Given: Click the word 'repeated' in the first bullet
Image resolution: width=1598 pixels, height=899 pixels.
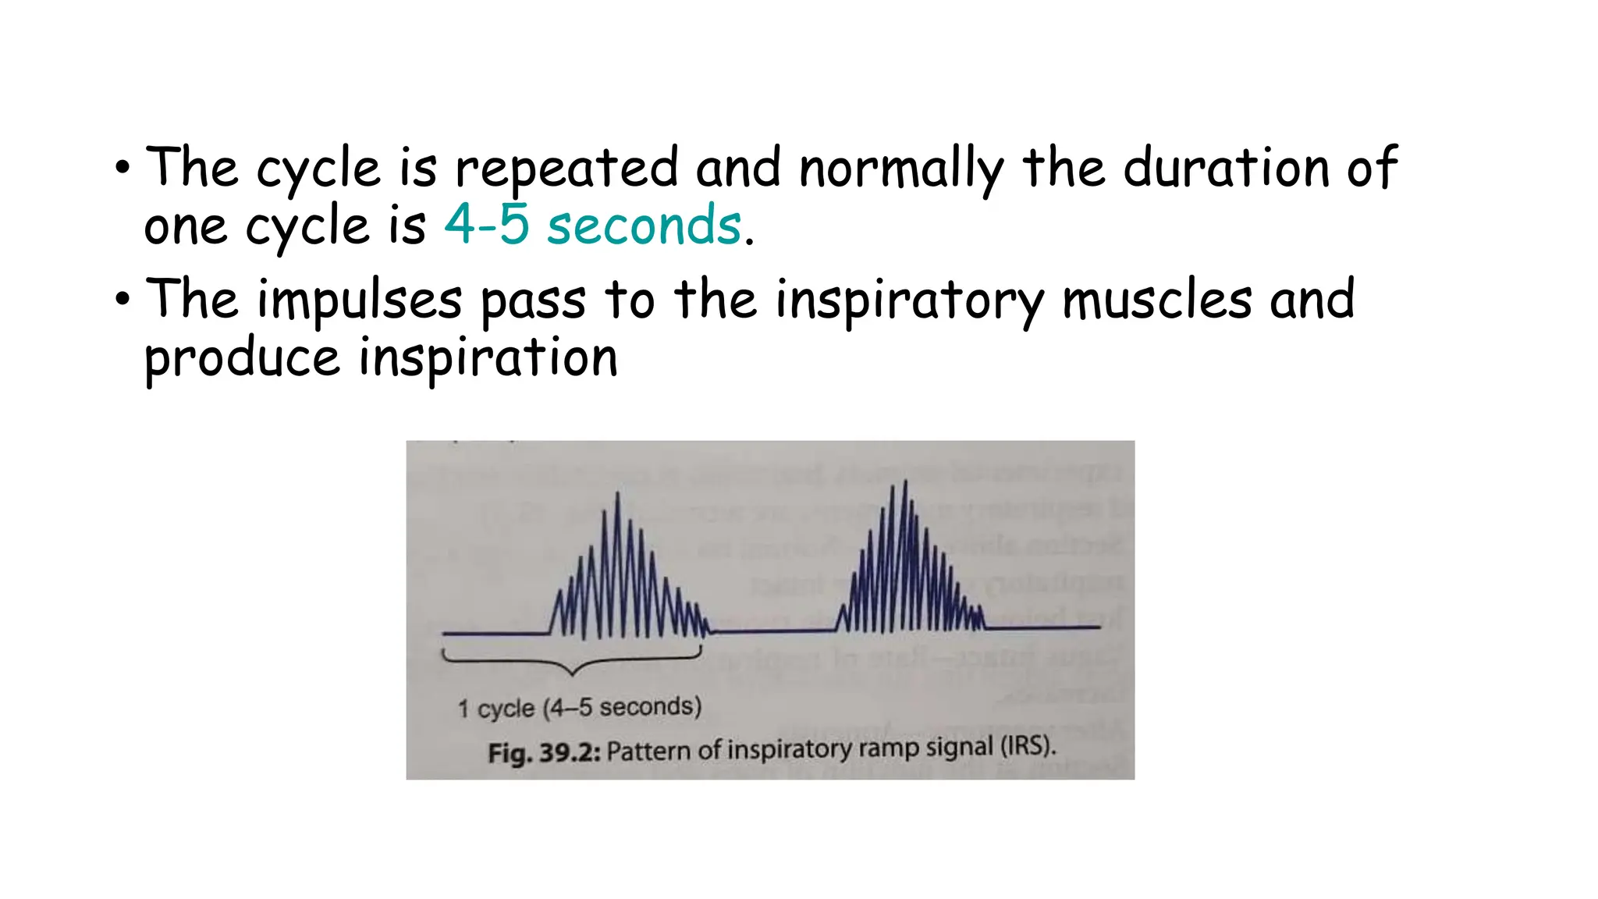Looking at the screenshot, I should coord(567,169).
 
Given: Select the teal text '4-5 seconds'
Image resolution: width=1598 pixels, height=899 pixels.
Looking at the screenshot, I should coord(592,226).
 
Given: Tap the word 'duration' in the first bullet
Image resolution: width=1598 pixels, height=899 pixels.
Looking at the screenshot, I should coord(1226,169).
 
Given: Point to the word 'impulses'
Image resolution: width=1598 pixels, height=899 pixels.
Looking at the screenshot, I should coord(360,300).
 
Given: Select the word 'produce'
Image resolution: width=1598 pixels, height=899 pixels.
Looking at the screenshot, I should coord(242,358).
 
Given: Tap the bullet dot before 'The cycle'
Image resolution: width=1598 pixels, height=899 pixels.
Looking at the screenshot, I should coord(123,167).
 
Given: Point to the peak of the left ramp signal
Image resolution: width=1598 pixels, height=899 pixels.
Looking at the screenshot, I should coord(618,494).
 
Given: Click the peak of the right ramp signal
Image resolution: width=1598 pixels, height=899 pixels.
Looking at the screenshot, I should coord(905,482).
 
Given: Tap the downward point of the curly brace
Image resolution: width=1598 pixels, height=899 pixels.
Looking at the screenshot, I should coord(573,673).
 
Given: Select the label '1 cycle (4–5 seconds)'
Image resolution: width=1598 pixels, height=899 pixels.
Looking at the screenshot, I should coord(580,708).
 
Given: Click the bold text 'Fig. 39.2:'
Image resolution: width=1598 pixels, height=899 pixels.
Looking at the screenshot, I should coord(543,752).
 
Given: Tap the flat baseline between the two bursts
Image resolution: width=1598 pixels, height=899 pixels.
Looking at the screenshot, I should coord(772,630).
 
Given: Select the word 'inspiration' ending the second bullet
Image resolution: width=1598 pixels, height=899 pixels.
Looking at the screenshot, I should coord(488,358).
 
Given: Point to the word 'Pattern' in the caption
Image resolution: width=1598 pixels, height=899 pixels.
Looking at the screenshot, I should coord(648,751).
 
